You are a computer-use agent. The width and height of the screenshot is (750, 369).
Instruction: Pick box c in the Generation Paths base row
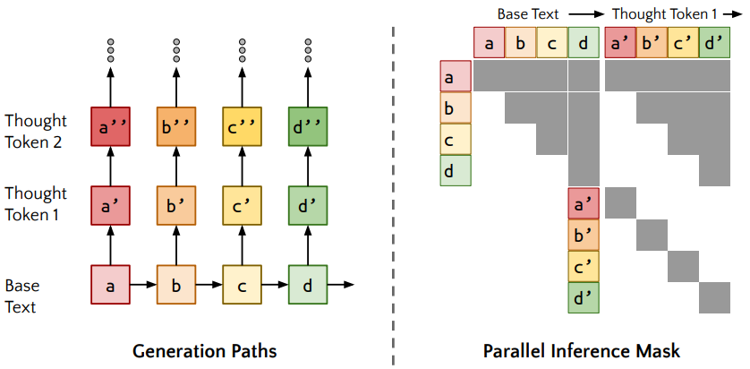tap(243, 285)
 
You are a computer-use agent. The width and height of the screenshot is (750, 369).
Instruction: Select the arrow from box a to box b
tap(143, 285)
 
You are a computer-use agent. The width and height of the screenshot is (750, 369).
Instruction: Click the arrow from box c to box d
tap(275, 285)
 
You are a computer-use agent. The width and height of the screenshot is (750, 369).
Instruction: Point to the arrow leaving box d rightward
tap(342, 285)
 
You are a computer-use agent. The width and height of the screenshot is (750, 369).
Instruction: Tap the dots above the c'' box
tap(243, 51)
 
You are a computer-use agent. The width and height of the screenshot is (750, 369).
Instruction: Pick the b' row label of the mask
tap(584, 236)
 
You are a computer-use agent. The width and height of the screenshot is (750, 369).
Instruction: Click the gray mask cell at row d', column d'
tap(715, 297)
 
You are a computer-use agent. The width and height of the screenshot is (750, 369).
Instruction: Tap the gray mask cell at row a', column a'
tap(619, 203)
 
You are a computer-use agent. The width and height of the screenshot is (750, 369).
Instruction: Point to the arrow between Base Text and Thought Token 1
tap(584, 13)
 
